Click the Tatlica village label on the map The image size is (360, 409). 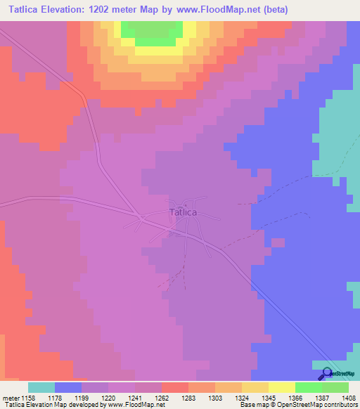[183, 212]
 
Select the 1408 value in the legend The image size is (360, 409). [349, 396]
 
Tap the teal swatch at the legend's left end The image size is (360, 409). [41, 387]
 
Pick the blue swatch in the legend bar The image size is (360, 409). [68, 387]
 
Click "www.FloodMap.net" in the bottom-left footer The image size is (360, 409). [133, 405]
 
